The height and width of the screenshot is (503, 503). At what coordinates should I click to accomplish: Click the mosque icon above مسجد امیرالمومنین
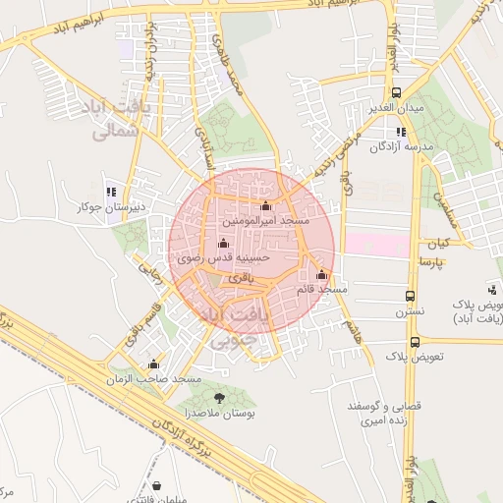pos(265,206)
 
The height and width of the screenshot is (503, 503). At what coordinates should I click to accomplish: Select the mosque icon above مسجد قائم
pos(321,274)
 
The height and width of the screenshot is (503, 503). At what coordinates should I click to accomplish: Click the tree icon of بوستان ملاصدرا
pos(219,398)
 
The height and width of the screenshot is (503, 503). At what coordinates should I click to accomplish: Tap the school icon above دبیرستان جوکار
pos(110,191)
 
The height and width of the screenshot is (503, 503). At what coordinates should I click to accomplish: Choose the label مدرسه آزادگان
pos(401,147)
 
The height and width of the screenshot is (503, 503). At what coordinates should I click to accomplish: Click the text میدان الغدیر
pos(396,107)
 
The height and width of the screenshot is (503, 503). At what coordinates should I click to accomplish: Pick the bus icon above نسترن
pos(410,295)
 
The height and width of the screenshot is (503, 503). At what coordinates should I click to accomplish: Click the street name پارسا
pos(433,263)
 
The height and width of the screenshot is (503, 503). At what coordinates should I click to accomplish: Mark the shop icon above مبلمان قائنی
pos(157,485)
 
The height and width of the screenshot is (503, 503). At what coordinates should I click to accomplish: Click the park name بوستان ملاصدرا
pos(222,416)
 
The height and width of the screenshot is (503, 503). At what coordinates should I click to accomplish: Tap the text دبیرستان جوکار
pos(112,207)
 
